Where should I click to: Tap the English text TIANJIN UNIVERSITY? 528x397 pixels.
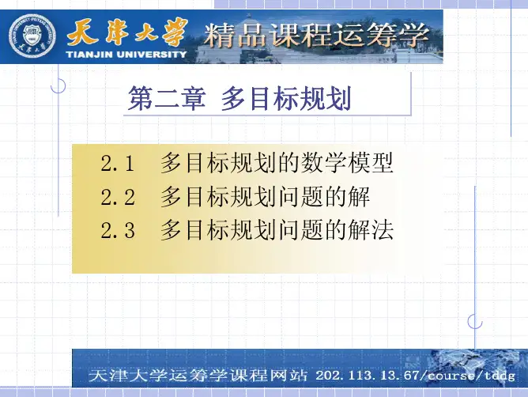point(126,54)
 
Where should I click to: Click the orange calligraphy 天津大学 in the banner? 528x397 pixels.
point(127,32)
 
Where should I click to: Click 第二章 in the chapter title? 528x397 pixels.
point(167,98)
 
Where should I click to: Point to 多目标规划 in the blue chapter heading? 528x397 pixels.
point(286,98)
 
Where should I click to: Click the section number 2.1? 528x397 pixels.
point(118,164)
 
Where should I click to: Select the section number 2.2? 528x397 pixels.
point(118,197)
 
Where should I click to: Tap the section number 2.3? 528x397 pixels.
point(118,230)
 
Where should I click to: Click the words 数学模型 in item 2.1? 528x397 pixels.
point(347,163)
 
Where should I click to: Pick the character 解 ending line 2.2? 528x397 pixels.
point(359,196)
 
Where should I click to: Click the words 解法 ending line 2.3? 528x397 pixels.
point(371,230)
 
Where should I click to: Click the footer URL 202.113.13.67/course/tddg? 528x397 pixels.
point(415,375)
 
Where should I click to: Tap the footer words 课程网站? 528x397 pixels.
point(269,375)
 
